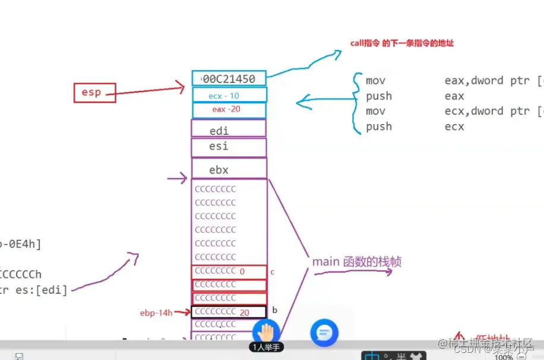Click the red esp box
coord(94,93)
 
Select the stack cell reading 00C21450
coord(229,78)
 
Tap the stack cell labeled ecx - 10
coord(229,95)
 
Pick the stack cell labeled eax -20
coord(229,110)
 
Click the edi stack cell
coord(229,130)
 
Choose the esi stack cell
coord(229,147)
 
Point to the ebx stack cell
coord(229,169)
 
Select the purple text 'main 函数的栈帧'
coord(356,261)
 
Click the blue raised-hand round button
coord(266,332)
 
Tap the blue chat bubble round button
coord(324,332)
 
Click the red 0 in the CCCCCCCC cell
coord(242,271)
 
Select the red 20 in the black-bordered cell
coord(244,312)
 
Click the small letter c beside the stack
coord(272,272)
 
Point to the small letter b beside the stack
coord(274,310)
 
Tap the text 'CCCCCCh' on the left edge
coord(21,274)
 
